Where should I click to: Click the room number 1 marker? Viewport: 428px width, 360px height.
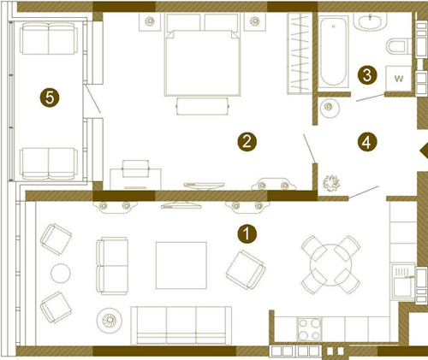point(247,234)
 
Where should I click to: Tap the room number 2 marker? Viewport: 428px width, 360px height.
point(247,142)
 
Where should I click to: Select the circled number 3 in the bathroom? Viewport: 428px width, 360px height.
point(367,75)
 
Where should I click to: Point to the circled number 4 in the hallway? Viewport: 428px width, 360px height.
point(367,142)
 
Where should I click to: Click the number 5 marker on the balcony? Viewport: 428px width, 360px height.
point(50,98)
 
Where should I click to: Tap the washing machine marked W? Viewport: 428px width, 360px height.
point(398,79)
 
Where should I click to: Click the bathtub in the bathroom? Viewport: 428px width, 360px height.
point(333,51)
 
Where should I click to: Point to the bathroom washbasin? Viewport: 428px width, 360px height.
point(371,21)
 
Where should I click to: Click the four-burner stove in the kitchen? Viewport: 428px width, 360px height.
point(309,329)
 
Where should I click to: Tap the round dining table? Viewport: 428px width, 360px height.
point(331,265)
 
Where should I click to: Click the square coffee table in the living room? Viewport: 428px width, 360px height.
point(181,265)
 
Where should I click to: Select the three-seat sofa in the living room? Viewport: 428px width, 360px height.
point(181,325)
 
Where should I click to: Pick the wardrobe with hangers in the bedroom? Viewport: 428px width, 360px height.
point(300,53)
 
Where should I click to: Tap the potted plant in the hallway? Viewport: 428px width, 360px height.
point(331,183)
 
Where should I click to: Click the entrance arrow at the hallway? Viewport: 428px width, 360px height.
point(424,150)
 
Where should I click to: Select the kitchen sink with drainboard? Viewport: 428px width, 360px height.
point(402,281)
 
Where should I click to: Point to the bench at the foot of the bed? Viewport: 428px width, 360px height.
point(203,106)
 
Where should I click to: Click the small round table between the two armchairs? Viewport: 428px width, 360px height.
point(61,273)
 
